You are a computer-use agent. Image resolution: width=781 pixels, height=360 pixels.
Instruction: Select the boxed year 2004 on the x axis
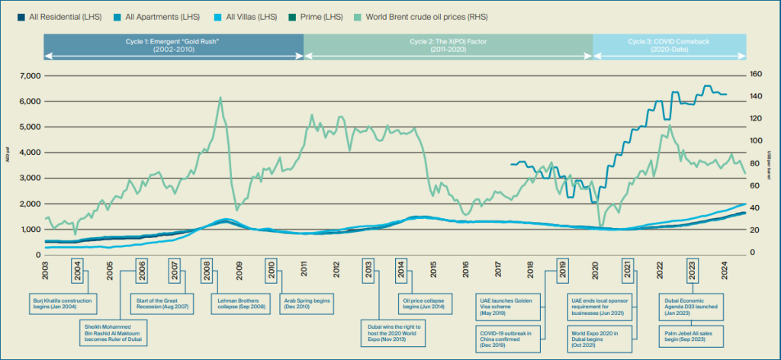pos(79,270)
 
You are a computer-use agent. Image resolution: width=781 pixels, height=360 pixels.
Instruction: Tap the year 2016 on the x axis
pos(465,270)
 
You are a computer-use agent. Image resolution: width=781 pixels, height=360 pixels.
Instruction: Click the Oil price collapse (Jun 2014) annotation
pos(424,303)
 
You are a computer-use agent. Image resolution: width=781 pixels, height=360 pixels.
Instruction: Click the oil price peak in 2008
pos(220,98)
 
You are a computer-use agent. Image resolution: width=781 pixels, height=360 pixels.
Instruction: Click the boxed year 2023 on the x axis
pos(691,270)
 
